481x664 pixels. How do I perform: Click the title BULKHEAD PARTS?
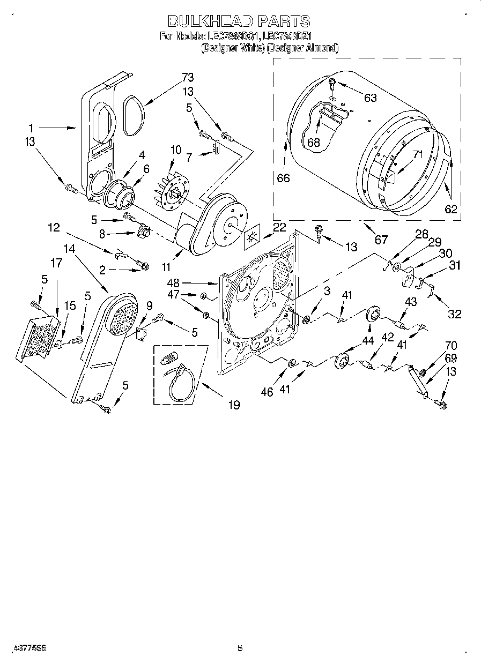(239, 21)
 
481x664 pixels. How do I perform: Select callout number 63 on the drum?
(370, 98)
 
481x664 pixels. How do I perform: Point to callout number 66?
(283, 178)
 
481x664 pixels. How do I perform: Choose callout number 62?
(451, 209)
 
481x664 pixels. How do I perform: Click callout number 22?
(279, 227)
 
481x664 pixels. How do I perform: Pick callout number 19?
(234, 405)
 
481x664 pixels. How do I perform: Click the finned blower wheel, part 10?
(171, 190)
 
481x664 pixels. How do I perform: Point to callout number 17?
(57, 263)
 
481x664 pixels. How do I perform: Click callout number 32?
(454, 314)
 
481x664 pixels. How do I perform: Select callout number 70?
(451, 346)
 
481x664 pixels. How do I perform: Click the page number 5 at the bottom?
(240, 648)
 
